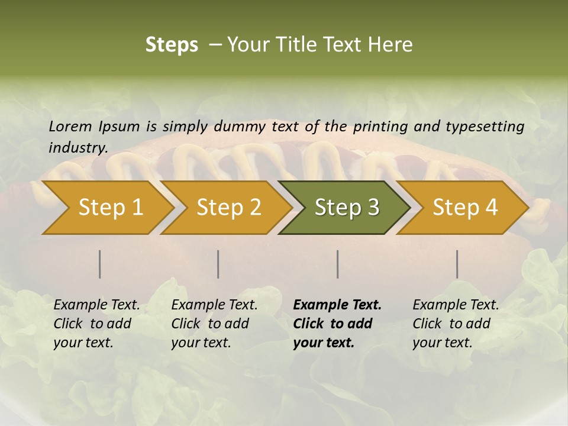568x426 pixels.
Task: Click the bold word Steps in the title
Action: pos(172,45)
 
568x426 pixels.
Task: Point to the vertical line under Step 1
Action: pos(100,264)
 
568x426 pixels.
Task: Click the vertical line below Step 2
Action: pos(218,264)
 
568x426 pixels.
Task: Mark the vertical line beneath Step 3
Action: pos(337,264)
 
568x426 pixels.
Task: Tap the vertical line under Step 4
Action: pos(457,264)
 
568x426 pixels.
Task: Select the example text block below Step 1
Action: pos(96,323)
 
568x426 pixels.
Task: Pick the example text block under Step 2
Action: pos(214,323)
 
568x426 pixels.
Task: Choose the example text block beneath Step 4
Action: pos(456,323)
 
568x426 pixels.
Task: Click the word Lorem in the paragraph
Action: pos(70,126)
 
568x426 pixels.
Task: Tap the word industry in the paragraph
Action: pos(78,147)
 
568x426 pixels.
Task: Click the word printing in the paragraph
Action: pos(380,127)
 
